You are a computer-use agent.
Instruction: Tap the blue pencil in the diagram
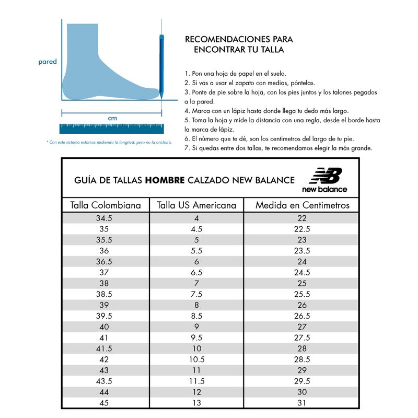coord(161,65)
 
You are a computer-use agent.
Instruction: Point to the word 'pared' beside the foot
coord(48,62)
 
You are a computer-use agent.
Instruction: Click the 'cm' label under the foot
coord(112,119)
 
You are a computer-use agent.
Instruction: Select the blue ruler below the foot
coord(111,129)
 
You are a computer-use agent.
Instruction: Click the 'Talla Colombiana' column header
coord(106,205)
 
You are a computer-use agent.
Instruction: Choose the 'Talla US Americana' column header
coord(196,205)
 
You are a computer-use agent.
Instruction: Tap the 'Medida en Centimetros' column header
coord(302,205)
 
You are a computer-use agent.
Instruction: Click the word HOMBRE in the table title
coord(165,180)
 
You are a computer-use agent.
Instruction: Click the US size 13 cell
coord(196,403)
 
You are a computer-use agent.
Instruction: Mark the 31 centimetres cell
coord(302,403)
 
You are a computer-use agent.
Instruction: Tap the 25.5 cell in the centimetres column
coord(302,294)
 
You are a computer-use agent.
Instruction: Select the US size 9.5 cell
coord(196,338)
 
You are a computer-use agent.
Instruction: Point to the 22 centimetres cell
coord(302,218)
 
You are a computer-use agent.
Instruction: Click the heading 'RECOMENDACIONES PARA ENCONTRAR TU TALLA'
coord(239,44)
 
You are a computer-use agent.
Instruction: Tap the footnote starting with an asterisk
coord(109,142)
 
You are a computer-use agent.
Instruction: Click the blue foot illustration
coord(99,68)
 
